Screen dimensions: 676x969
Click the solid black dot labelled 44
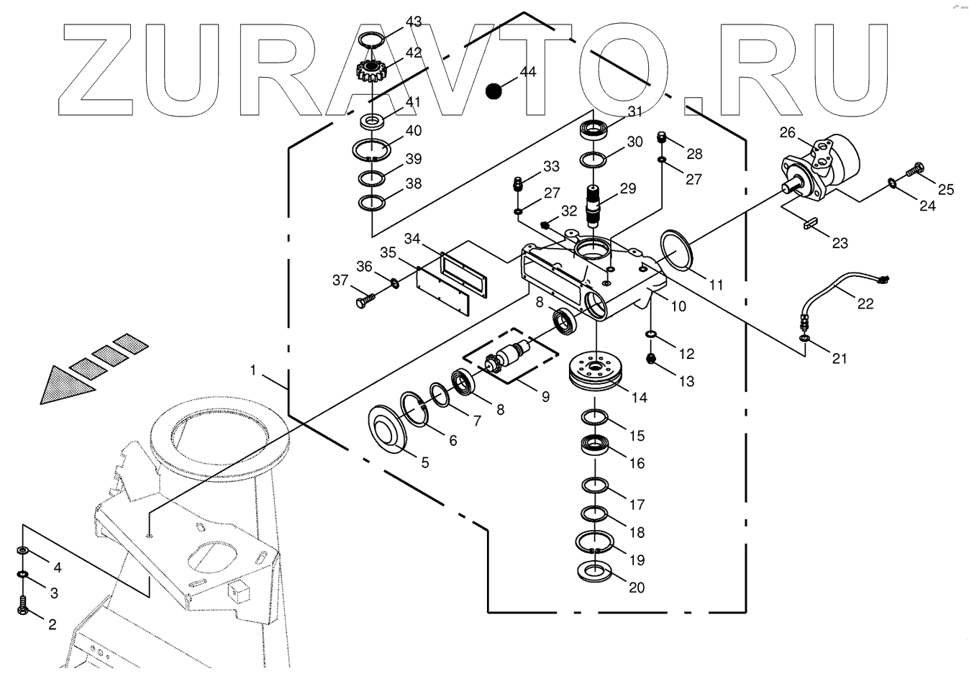(x=493, y=91)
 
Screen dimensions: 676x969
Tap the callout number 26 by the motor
(x=788, y=132)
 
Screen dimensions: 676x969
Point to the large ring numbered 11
(x=676, y=251)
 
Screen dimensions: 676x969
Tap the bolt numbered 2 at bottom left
(x=23, y=606)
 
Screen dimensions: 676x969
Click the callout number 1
(x=253, y=370)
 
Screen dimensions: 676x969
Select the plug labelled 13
(x=651, y=359)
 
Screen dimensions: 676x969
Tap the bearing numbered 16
(x=596, y=444)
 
